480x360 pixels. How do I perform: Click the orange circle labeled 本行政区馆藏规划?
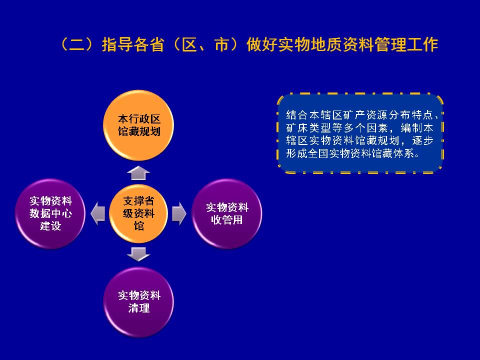click(138, 125)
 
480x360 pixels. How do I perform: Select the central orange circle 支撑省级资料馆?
click(138, 213)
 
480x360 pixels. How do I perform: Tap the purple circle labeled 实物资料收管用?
click(227, 213)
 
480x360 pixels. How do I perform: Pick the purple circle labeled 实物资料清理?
click(138, 302)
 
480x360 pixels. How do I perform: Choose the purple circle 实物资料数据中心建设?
click(50, 213)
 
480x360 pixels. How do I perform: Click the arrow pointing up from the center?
click(138, 173)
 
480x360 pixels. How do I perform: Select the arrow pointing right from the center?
click(179, 213)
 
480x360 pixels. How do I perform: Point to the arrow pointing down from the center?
click(138, 254)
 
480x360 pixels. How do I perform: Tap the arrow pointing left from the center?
click(98, 213)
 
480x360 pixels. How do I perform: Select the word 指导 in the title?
click(117, 44)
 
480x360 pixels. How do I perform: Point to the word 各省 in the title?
click(148, 44)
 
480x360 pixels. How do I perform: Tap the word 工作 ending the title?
click(422, 44)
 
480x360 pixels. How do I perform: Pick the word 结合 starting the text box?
click(297, 115)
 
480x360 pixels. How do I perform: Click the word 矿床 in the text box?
click(297, 127)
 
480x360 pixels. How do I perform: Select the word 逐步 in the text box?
click(423, 140)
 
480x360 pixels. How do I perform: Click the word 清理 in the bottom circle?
click(139, 308)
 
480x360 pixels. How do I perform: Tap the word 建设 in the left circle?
click(50, 226)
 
